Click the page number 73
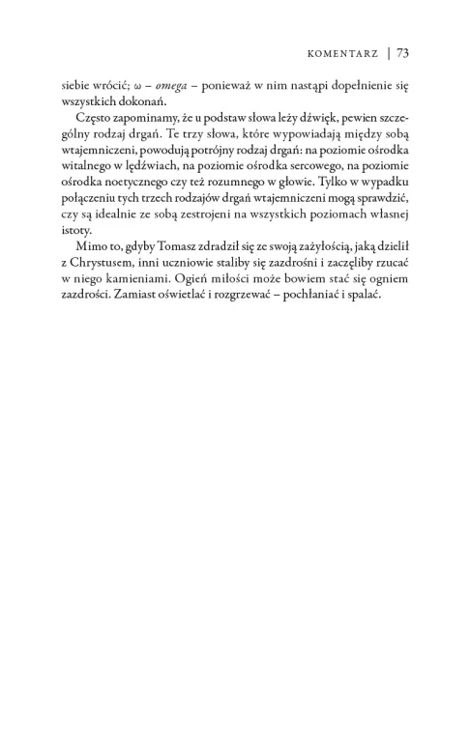coord(403,54)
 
